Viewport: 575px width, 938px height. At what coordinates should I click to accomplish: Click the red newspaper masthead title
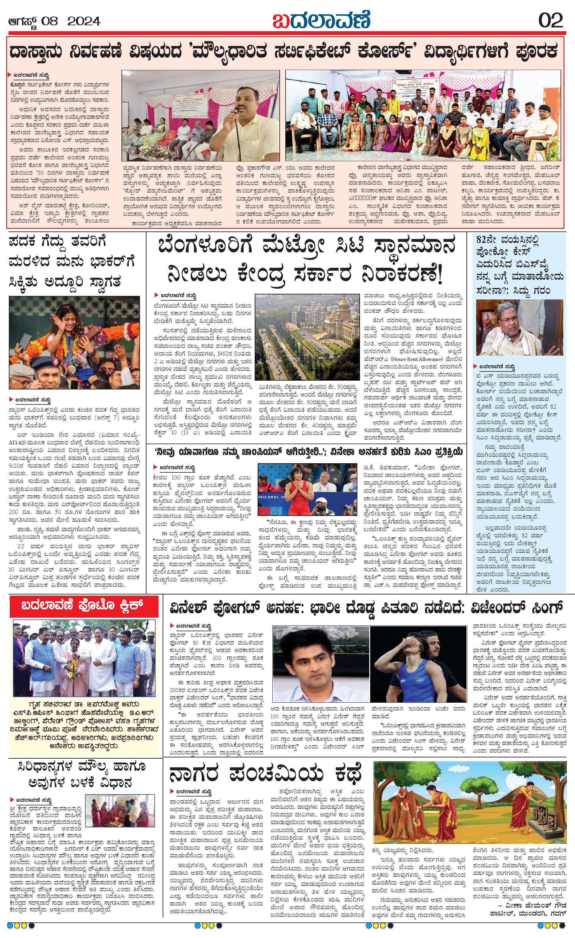[x=321, y=19]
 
